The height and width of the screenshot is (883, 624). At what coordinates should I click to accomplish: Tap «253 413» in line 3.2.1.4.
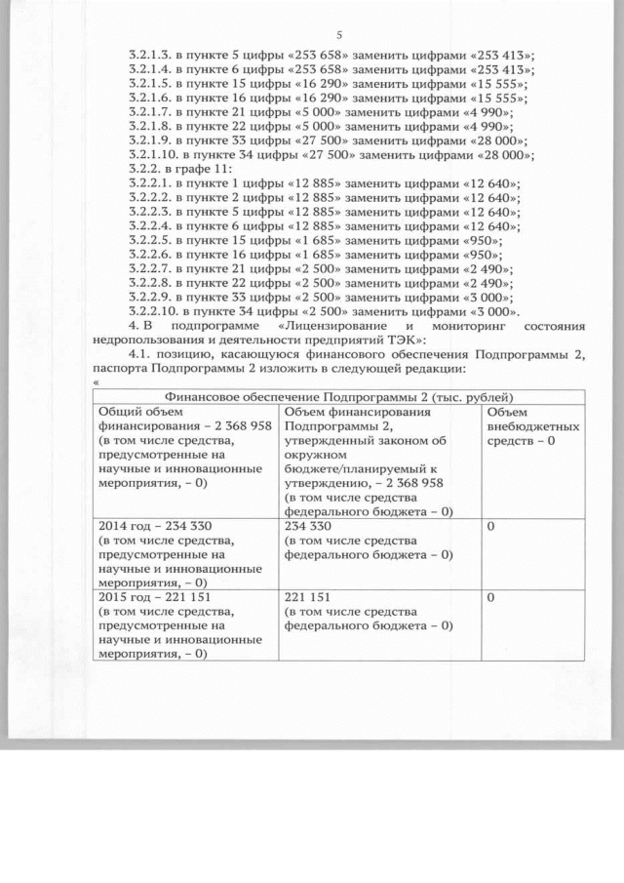point(503,72)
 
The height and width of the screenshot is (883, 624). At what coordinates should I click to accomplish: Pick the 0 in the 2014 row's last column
point(491,526)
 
